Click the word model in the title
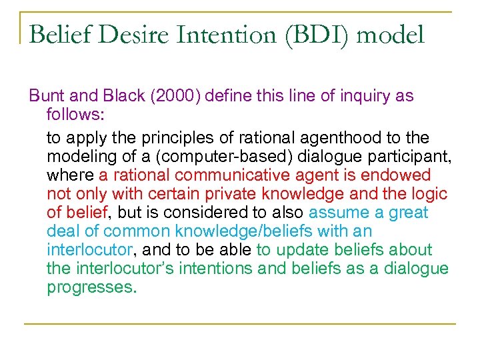coord(391,35)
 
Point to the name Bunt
coord(46,96)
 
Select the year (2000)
coord(175,96)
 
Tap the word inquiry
coord(367,96)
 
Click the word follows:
coord(75,115)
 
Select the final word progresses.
coord(91,287)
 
